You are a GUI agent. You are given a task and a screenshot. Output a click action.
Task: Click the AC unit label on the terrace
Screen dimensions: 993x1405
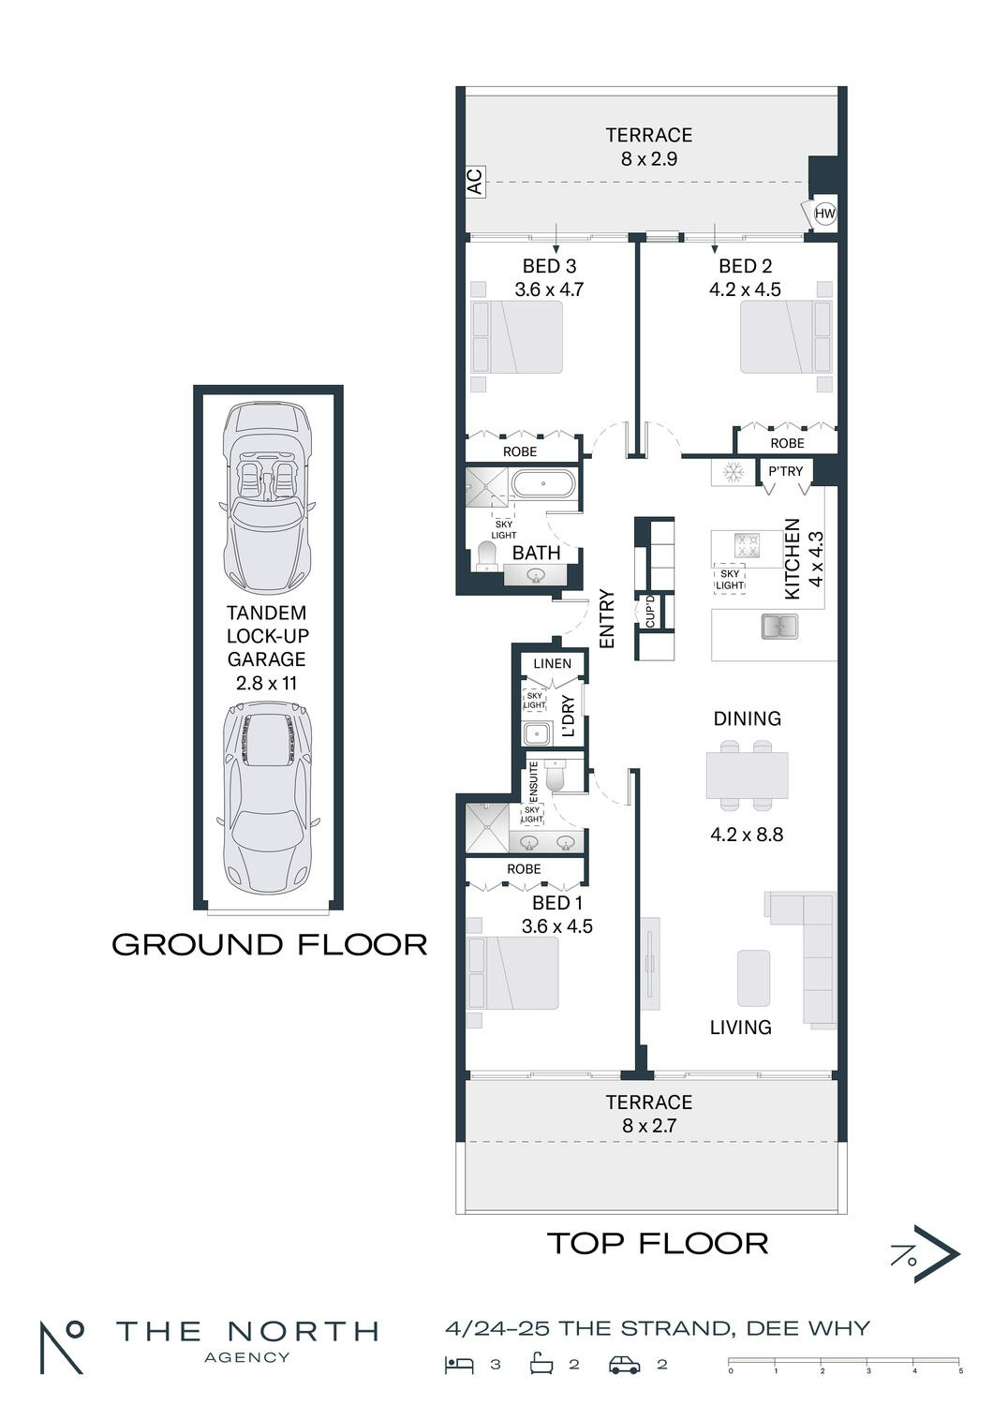coord(475,182)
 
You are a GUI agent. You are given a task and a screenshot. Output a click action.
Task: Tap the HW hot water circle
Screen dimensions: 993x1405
coord(824,214)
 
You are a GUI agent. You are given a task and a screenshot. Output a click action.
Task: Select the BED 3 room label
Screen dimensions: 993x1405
coord(549,266)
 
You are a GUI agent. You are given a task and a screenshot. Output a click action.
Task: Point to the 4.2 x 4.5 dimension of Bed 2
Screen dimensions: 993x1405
coord(745,289)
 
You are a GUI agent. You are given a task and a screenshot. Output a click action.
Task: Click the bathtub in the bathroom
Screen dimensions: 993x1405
coord(543,484)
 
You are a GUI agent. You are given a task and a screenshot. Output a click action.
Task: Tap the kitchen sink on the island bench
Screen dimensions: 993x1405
coord(779,626)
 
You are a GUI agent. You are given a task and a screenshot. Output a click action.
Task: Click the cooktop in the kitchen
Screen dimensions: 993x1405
coord(747,544)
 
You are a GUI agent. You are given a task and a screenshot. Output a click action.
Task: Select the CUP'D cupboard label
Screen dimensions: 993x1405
coord(650,612)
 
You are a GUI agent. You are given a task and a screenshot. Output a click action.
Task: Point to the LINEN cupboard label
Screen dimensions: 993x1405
coord(552,663)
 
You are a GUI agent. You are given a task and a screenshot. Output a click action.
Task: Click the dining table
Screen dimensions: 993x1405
coord(747,776)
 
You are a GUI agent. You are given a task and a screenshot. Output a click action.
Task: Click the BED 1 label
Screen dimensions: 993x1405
coord(557,903)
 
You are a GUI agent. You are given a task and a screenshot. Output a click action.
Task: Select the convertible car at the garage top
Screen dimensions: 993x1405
coord(268,498)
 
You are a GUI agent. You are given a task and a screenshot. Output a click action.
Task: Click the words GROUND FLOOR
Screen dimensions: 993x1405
coord(269,944)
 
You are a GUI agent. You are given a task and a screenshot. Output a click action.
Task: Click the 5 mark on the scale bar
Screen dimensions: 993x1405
coord(960,1371)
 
